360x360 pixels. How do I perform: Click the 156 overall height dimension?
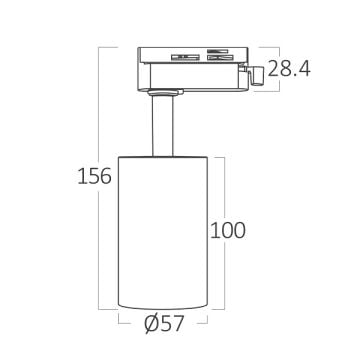[x=94, y=176]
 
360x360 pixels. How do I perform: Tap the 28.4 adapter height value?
[x=289, y=69]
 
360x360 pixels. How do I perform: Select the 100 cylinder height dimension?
[x=228, y=230]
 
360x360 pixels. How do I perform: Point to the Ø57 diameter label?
[x=164, y=324]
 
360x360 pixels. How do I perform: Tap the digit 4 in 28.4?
[x=304, y=69]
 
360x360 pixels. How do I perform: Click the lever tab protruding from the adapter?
[x=257, y=76]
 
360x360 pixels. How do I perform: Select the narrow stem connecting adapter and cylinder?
[x=163, y=126]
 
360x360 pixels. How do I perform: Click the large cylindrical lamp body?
[x=163, y=233]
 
